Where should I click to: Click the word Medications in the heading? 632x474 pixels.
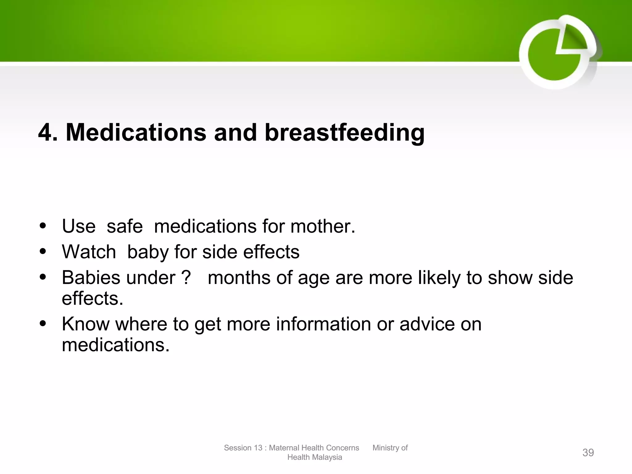136,133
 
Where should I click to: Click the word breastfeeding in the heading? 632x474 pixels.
344,133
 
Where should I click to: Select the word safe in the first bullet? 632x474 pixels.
125,226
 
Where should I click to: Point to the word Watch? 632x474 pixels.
89,252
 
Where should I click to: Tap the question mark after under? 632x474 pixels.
186,277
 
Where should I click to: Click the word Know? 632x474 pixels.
86,324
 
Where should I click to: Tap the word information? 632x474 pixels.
323,324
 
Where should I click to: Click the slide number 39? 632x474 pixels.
588,452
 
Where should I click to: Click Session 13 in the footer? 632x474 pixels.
243,448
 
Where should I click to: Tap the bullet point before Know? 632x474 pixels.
43,324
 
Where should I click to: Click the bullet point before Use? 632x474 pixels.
43,226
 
